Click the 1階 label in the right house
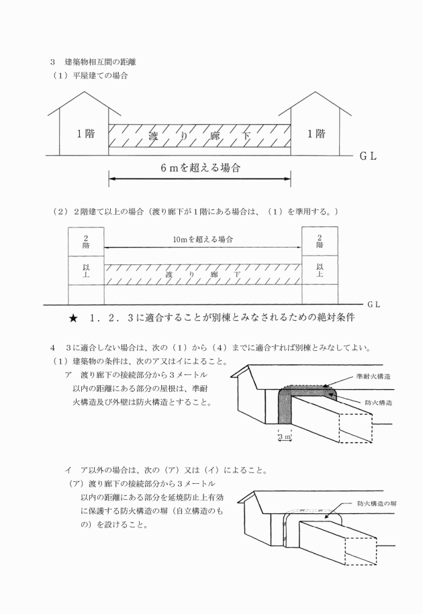point(316,134)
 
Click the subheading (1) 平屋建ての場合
point(91,75)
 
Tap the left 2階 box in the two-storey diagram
point(86,242)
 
